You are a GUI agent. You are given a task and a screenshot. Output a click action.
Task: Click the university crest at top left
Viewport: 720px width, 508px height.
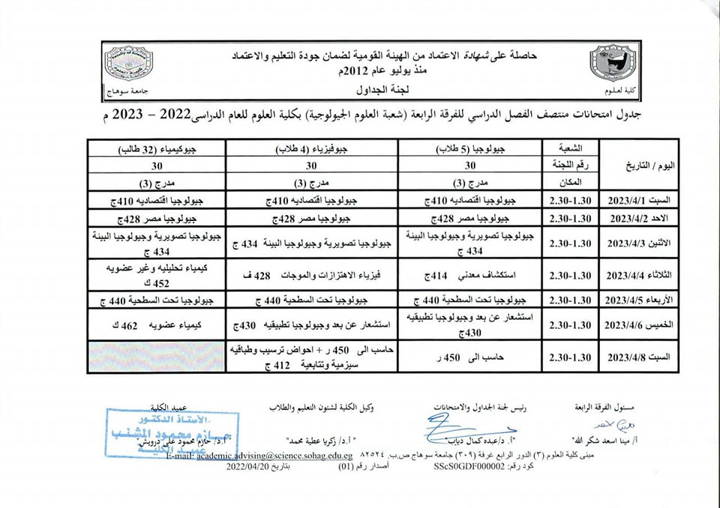click(129, 67)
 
